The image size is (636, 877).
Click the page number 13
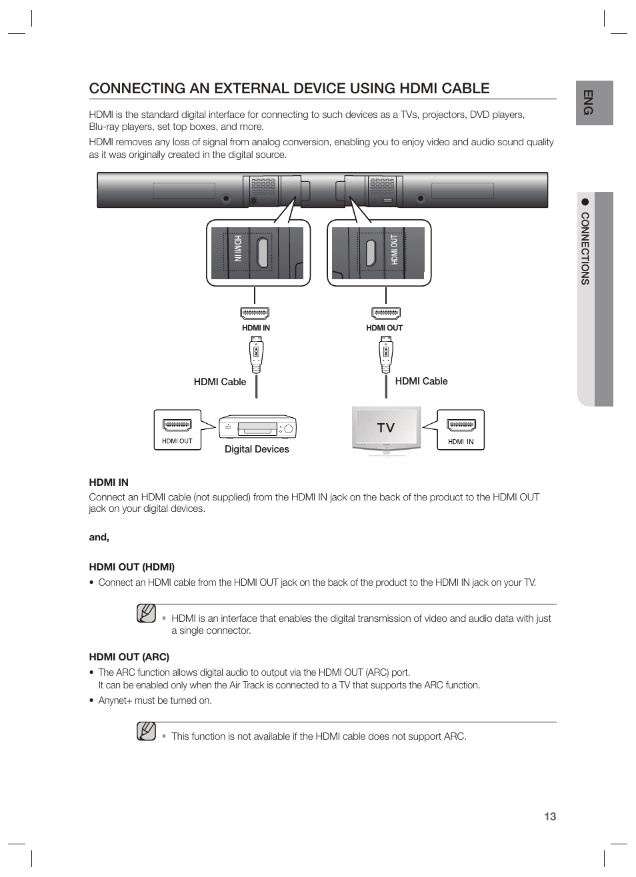point(549,816)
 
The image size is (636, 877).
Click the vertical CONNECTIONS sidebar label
point(585,248)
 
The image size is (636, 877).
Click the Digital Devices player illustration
point(257,428)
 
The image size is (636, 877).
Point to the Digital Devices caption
point(257,449)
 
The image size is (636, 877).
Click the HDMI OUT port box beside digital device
point(177,430)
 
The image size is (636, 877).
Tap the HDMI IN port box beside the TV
point(461,430)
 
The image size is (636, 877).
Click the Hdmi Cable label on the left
point(220,382)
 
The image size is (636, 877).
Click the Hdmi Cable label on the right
point(421,381)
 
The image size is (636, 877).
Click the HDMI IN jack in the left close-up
point(263,251)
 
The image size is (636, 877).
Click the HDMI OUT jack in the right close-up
point(371,251)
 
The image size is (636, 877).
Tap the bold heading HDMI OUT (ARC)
point(129,656)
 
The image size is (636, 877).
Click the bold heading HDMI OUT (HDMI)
point(132,567)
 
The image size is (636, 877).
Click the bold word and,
point(99,537)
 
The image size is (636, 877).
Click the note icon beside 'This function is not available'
point(146,732)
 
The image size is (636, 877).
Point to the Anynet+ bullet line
point(155,700)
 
